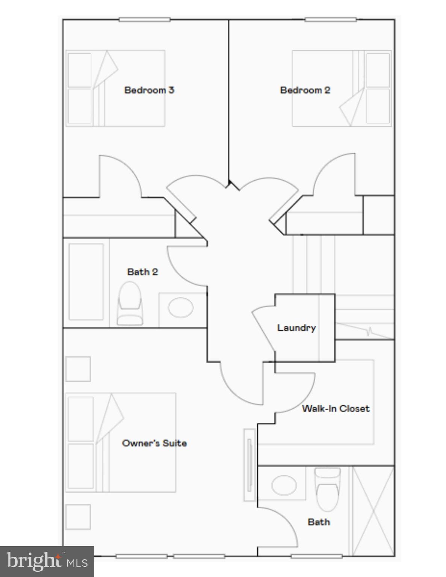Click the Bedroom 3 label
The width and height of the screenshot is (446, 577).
149,90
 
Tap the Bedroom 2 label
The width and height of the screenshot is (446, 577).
305,90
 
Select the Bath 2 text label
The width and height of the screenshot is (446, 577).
142,272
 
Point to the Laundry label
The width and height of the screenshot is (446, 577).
296,328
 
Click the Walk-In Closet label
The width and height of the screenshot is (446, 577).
336,408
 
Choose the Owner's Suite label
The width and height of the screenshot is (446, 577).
154,443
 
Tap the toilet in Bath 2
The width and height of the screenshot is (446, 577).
130,304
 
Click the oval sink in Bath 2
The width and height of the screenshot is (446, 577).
181,307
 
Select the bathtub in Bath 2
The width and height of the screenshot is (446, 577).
86,282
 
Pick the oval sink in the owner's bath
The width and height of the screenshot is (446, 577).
284,485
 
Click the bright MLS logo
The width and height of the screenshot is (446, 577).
47,562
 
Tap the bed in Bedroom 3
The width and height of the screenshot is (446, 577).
115,88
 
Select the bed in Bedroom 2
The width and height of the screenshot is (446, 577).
342,88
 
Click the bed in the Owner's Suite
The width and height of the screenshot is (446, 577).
121,443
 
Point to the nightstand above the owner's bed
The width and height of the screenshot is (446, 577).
78,369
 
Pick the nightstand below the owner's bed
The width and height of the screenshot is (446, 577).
78,517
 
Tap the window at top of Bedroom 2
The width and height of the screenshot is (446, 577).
330,20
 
